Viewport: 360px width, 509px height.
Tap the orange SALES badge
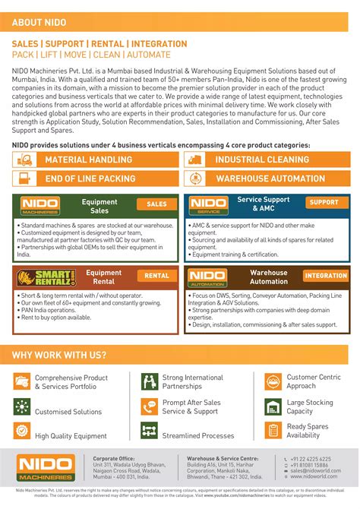[x=156, y=204]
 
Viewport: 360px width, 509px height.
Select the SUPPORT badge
[x=324, y=203]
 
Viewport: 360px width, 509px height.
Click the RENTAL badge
[x=156, y=276]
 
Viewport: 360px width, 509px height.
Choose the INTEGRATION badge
[x=325, y=276]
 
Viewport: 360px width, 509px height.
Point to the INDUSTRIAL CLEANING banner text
[x=261, y=160]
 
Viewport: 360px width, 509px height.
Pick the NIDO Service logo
[x=208, y=205]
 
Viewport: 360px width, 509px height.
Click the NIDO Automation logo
[x=208, y=277]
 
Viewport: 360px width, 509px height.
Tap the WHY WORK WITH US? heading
[x=59, y=355]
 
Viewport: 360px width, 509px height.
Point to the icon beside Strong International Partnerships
[x=149, y=381]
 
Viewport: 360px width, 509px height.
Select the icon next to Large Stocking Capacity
[x=273, y=406]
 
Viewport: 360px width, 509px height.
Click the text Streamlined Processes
[x=198, y=435]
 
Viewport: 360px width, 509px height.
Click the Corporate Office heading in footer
[x=114, y=459]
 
